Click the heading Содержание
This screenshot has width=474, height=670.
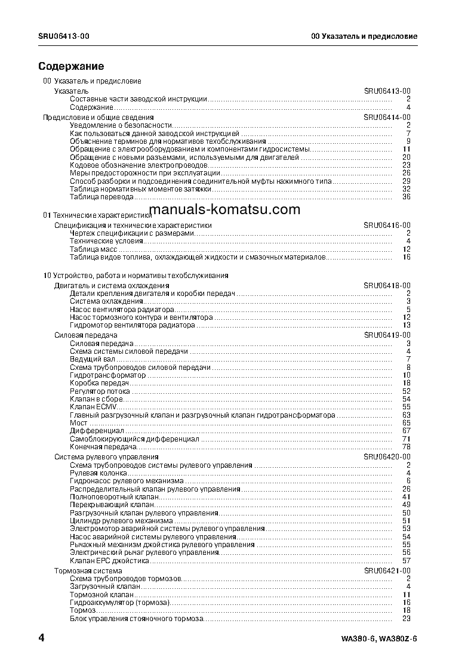[71, 66]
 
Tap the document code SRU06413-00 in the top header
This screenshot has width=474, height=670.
[64, 36]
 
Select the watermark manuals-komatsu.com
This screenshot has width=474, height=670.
[224, 209]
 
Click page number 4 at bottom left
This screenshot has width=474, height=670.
[41, 638]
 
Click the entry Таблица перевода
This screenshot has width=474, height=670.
[101, 197]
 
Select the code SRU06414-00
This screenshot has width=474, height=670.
[387, 118]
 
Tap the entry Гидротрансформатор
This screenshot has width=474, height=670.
[107, 375]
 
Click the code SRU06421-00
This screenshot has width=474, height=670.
[387, 571]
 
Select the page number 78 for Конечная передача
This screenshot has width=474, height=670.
[407, 447]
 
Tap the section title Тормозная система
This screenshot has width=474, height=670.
[88, 571]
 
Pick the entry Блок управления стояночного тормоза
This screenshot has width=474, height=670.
[137, 619]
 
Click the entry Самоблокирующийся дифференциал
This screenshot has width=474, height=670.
[134, 439]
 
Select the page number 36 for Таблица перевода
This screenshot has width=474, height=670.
[407, 197]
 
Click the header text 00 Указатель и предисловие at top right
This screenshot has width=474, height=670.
[364, 36]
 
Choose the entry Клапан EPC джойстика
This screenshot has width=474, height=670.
[109, 560]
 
